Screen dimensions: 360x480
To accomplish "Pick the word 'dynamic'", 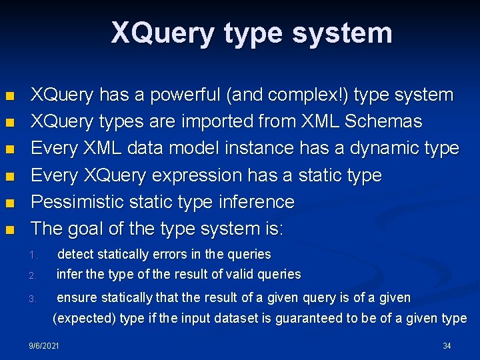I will (x=374, y=148).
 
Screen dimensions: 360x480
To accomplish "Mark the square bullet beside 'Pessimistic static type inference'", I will (x=9, y=203).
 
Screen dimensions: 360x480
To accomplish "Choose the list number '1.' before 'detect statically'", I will (x=33, y=255).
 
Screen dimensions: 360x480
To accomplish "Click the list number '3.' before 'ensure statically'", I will (x=33, y=299).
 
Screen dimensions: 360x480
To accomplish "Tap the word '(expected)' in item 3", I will (x=84, y=318).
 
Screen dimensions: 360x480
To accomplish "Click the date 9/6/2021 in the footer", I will (x=44, y=345).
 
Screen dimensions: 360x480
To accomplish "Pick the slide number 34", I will (x=447, y=345).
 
